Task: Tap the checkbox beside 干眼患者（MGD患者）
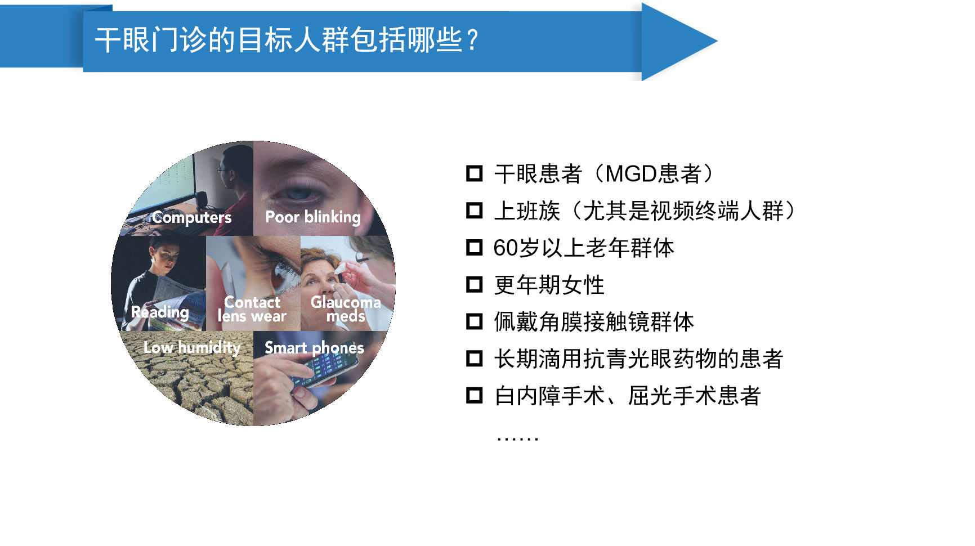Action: tap(475, 173)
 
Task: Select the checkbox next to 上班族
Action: tap(475, 211)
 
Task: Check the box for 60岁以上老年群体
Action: tap(475, 248)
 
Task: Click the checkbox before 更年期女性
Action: tap(475, 285)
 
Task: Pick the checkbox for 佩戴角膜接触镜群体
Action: tap(475, 321)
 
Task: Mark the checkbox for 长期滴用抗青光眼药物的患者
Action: tap(475, 359)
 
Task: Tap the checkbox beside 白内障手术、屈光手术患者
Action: tap(475, 396)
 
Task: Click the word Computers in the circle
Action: tap(191, 217)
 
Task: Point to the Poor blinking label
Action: tap(313, 217)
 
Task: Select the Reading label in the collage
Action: tap(160, 312)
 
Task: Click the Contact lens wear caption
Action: tap(252, 310)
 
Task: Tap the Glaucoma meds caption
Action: tap(346, 309)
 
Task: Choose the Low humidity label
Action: tap(192, 347)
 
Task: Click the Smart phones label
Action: tap(314, 348)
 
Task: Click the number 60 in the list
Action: tap(505, 248)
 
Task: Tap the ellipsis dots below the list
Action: tap(517, 438)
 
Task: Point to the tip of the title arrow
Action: tap(717, 41)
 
